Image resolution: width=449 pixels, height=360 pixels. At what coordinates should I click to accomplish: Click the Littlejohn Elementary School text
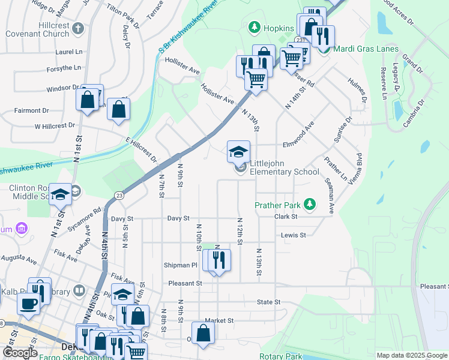(285, 167)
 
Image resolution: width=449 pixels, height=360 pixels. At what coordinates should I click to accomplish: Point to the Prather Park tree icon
(310, 205)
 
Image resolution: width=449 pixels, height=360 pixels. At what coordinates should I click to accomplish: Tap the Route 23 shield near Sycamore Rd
(119, 196)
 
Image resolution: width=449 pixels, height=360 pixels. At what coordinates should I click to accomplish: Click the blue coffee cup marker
(28, 304)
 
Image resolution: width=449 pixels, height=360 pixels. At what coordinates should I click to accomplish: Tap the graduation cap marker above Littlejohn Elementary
(238, 151)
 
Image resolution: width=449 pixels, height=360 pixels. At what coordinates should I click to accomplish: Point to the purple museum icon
(22, 229)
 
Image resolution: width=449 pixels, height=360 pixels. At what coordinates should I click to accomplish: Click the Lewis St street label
(294, 235)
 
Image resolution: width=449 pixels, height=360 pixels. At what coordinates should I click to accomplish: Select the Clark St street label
(286, 217)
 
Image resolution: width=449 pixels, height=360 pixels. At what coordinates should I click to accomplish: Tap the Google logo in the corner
(20, 352)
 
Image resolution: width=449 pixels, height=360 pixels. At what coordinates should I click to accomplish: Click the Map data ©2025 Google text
(411, 355)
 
